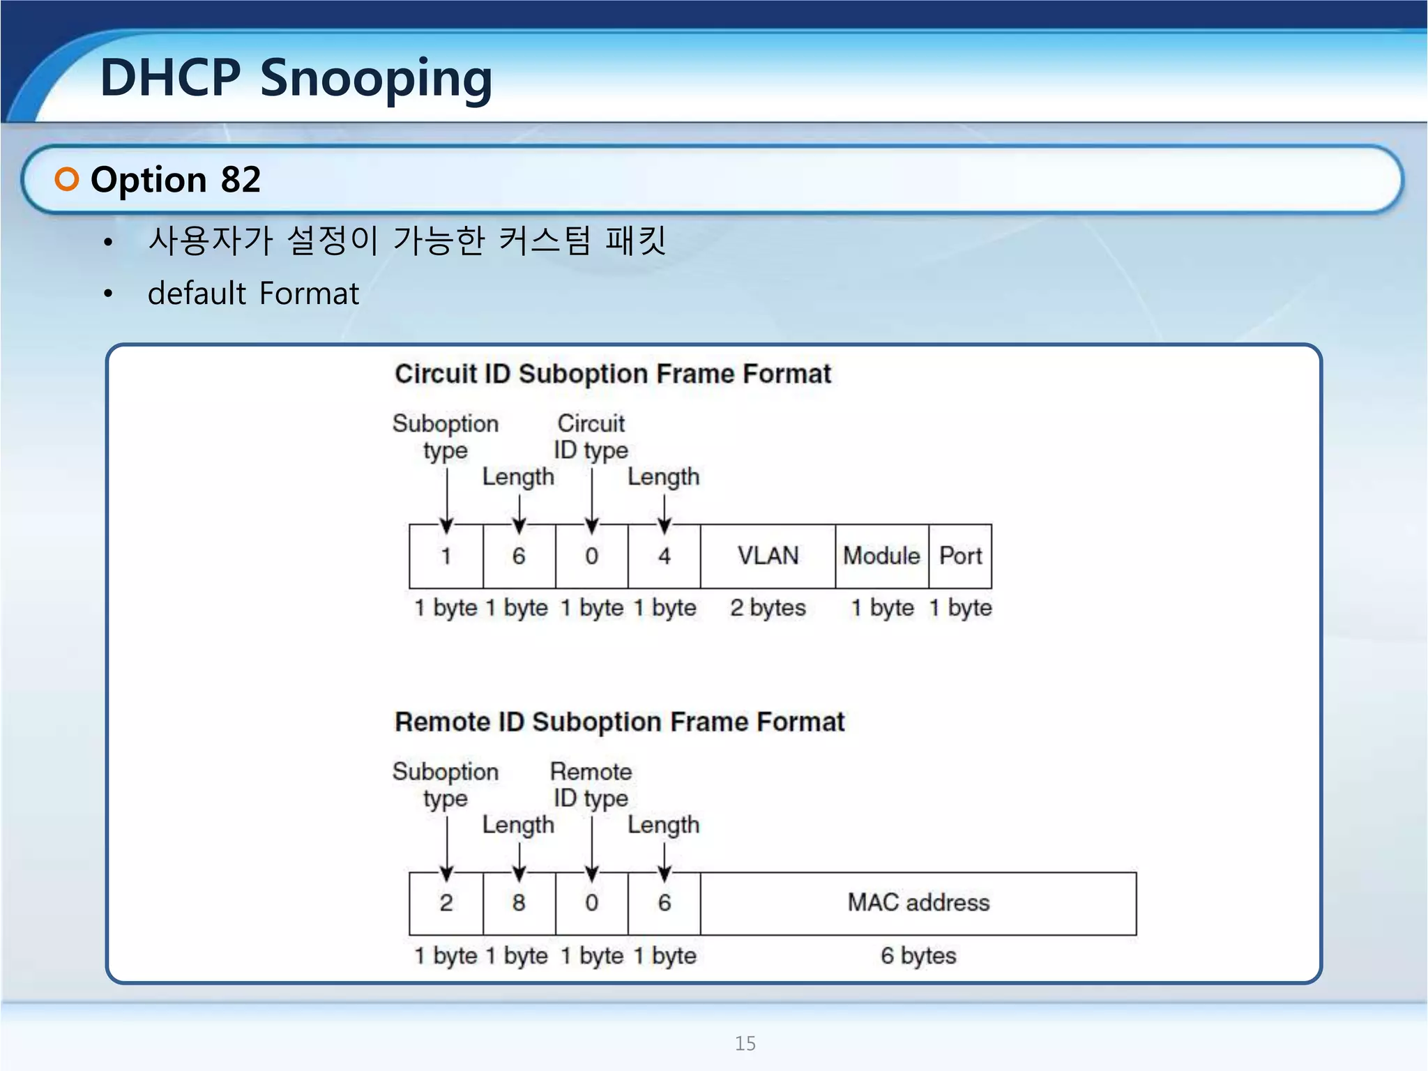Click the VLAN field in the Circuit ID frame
coord(768,556)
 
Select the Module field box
coord(881,556)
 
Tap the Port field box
coord(960,556)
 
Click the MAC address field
coord(918,903)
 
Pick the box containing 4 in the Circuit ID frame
coord(664,556)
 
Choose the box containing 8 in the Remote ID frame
coord(519,903)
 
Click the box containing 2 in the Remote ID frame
coord(446,903)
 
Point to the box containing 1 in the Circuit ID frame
coord(446,556)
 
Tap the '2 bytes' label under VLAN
coord(768,607)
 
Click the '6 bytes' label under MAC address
coord(918,955)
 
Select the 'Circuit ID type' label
coord(591,436)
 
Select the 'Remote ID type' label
coord(591,784)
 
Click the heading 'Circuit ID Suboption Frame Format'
coord(613,374)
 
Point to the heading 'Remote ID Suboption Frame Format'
coord(619,722)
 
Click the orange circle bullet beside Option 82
coord(67,179)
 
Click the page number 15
coord(745,1043)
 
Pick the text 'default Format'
coord(253,294)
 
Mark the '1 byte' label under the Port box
coord(960,607)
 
